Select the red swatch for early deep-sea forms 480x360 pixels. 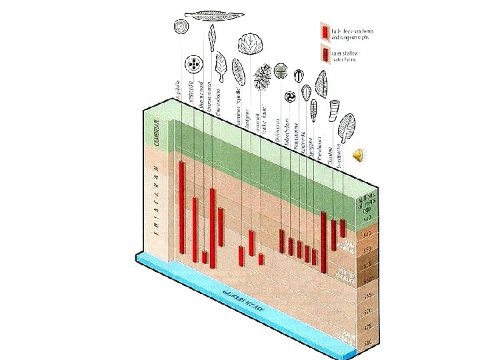click(x=325, y=31)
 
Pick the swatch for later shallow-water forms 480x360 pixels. click(x=325, y=54)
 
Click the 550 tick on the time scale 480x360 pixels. click(x=367, y=250)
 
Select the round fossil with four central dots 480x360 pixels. click(x=194, y=65)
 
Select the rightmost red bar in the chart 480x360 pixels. click(x=343, y=227)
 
